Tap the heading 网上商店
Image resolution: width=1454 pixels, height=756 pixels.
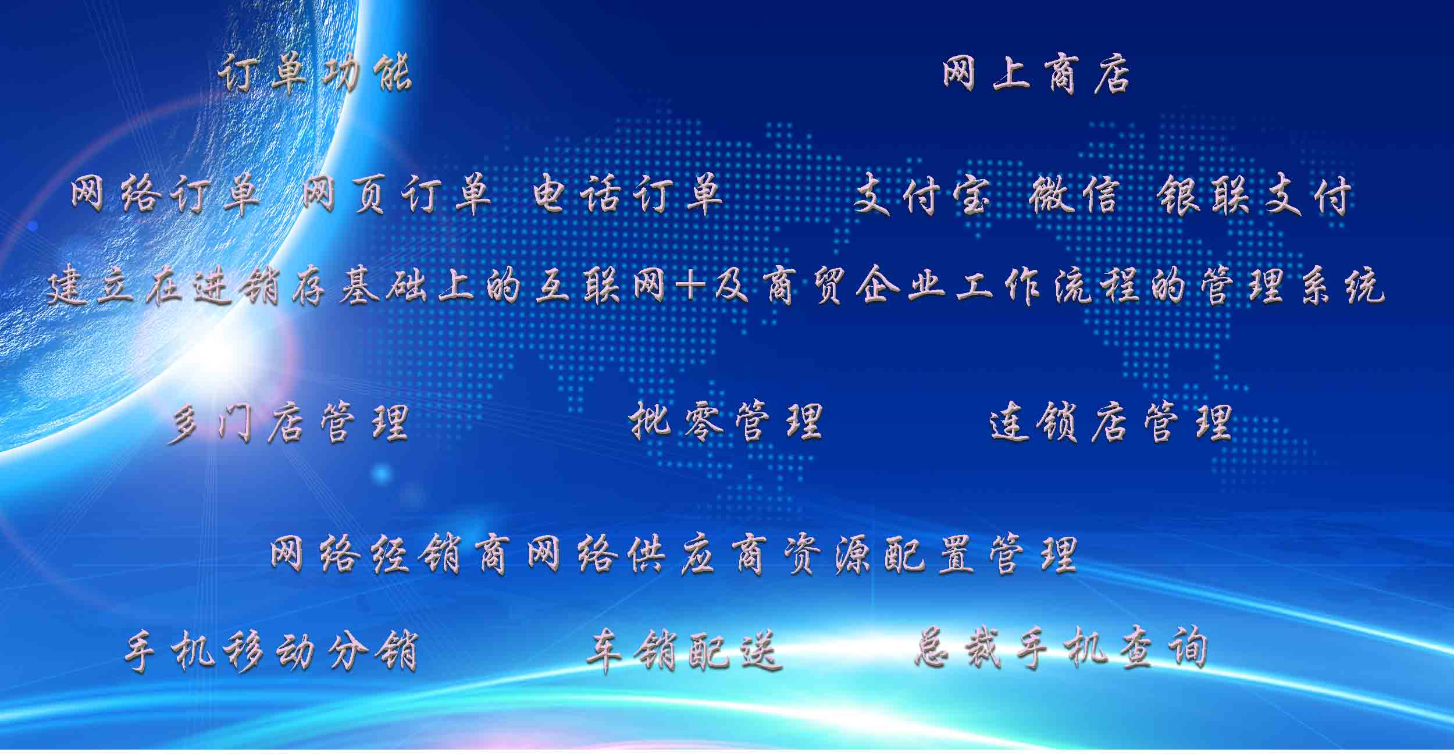pos(1036,74)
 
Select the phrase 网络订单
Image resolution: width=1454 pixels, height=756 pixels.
pos(165,195)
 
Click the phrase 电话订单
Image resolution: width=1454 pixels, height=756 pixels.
pos(628,195)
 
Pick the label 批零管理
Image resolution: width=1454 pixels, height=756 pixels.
pos(726,421)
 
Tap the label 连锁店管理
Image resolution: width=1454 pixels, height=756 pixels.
pos(1110,422)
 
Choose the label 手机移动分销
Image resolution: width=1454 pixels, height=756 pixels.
pos(272,650)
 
